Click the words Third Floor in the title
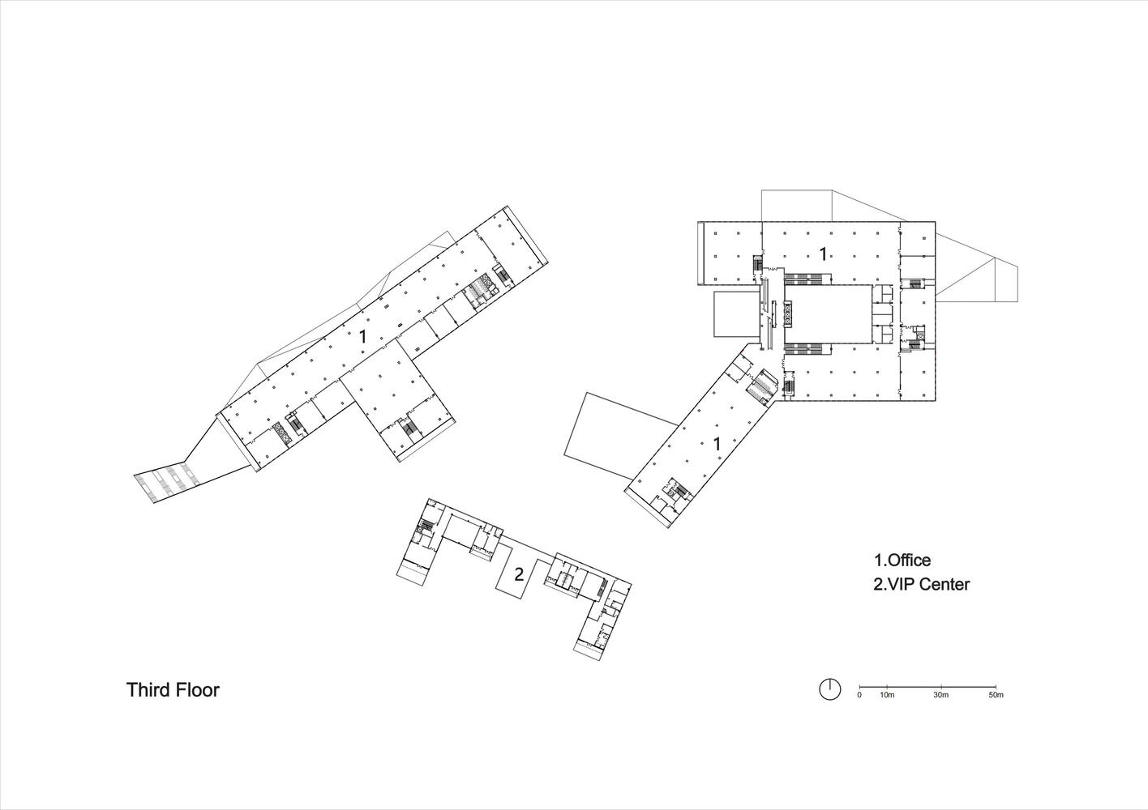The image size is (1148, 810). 173,690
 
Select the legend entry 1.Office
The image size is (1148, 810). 902,560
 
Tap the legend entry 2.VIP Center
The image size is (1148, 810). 921,584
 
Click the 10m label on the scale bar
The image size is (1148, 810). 886,696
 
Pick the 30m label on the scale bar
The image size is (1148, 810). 940,696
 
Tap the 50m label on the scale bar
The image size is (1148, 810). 996,696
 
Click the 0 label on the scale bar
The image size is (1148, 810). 859,696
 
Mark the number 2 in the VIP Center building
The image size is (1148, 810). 519,574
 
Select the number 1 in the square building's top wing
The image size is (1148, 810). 823,254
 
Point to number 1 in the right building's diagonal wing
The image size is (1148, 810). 717,444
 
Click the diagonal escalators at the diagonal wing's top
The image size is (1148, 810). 762,386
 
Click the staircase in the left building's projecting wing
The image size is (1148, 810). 409,427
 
